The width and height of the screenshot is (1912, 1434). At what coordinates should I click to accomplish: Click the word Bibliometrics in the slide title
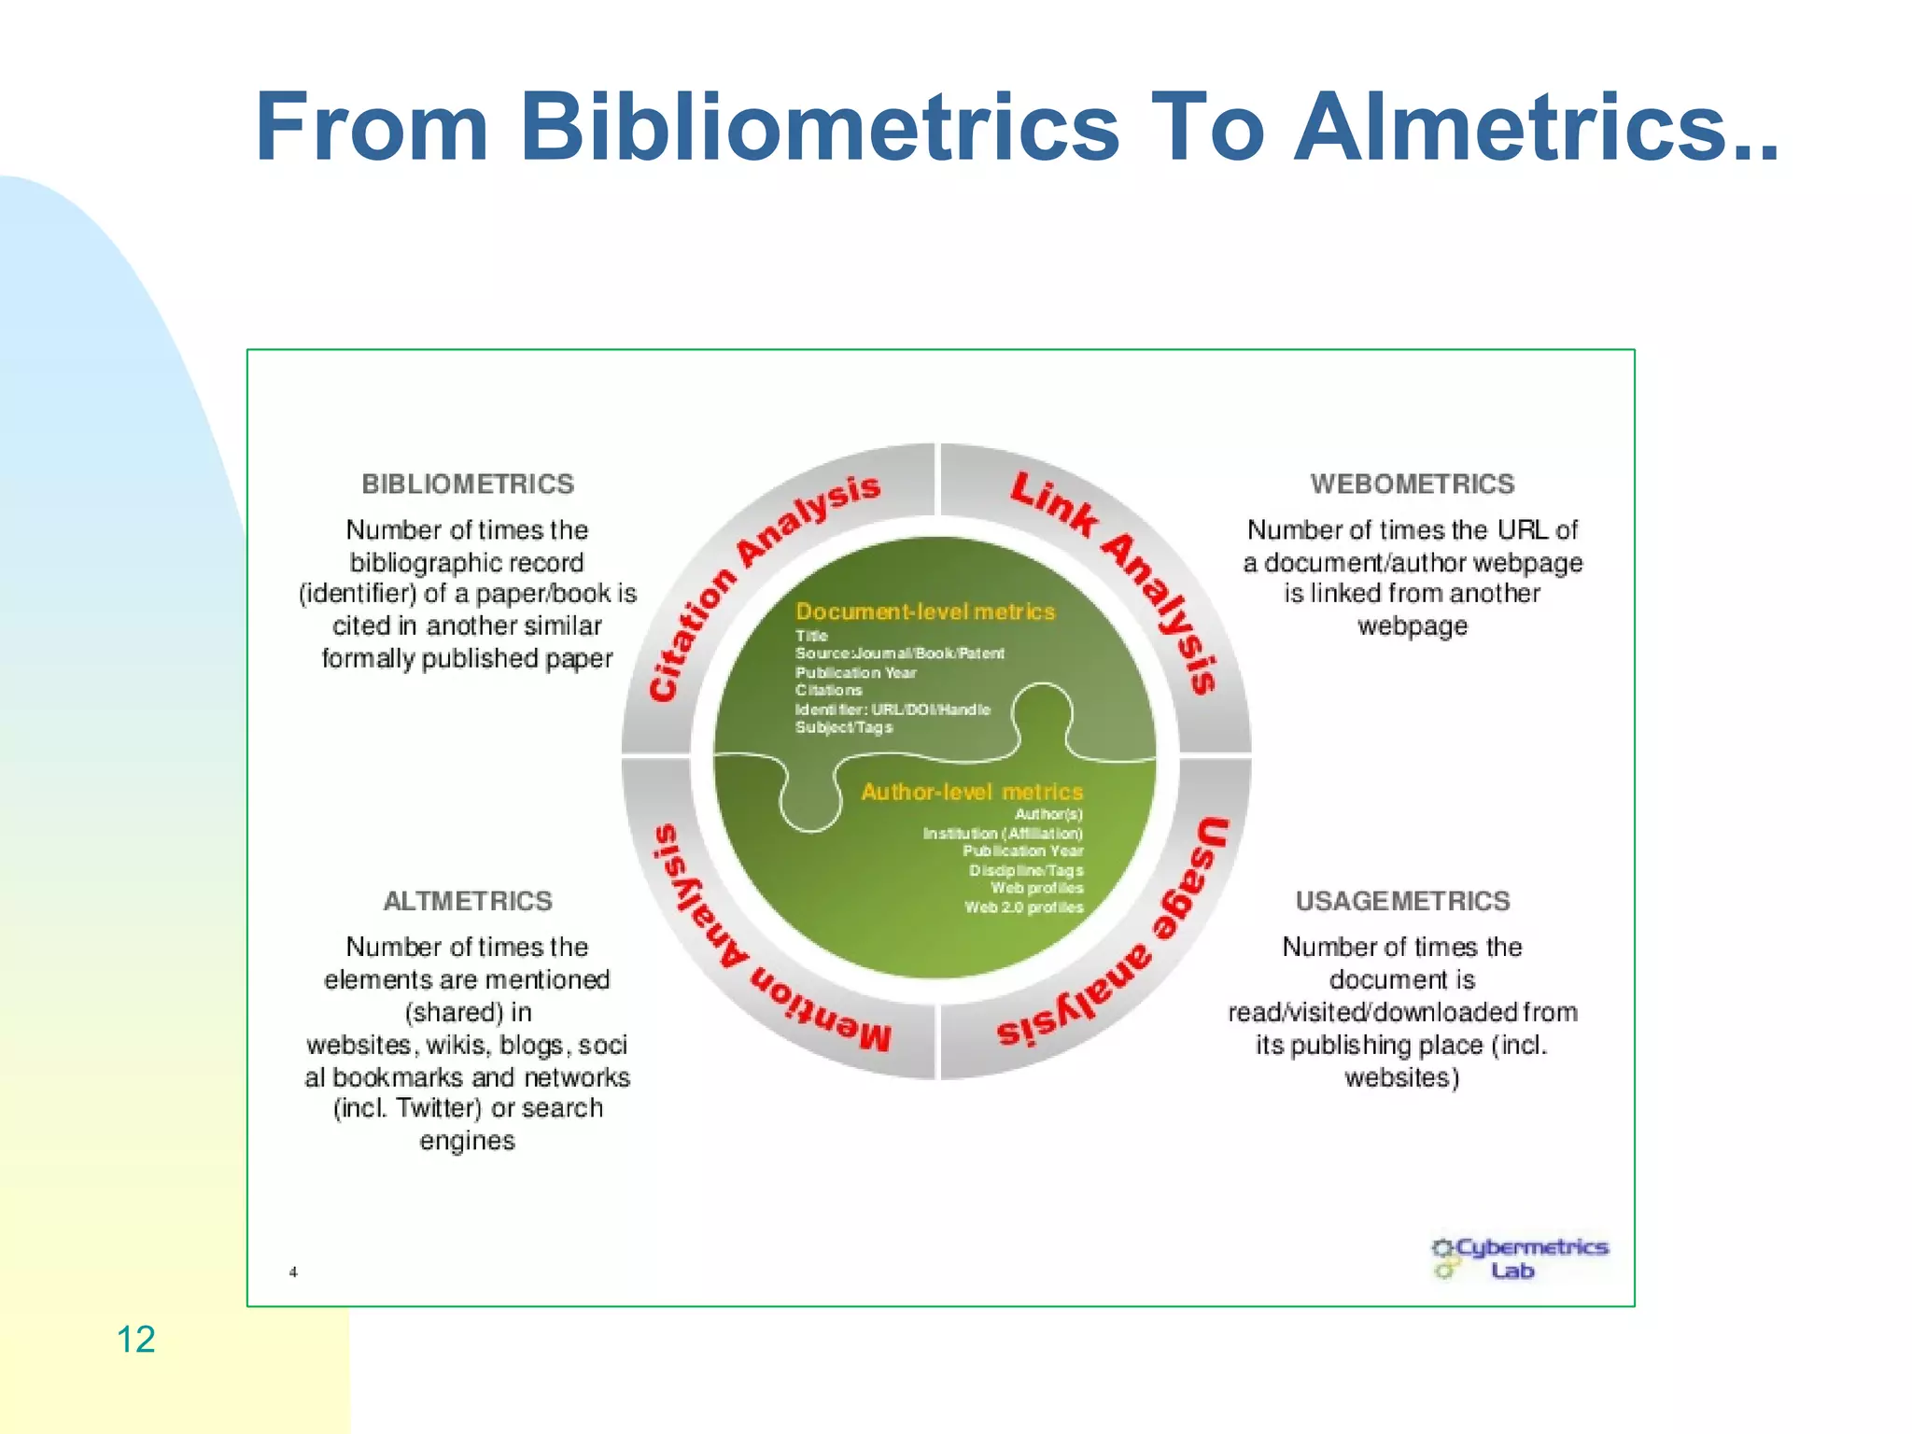pyautogui.click(x=819, y=127)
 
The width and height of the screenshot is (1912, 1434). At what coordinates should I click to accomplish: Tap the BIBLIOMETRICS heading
pyautogui.click(x=468, y=484)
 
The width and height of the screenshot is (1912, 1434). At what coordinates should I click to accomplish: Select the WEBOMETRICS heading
pyautogui.click(x=1412, y=484)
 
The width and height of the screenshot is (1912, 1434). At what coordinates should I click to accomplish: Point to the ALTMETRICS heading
pyautogui.click(x=468, y=901)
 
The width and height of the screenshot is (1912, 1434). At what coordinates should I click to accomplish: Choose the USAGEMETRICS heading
pyautogui.click(x=1402, y=901)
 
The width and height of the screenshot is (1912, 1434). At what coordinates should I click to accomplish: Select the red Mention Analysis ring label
pyautogui.click(x=747, y=952)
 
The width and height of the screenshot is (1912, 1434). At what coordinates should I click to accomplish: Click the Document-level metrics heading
pyautogui.click(x=925, y=612)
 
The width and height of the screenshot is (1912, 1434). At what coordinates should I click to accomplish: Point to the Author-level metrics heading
pyautogui.click(x=972, y=792)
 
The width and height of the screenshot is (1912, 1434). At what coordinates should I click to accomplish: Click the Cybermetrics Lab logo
pyautogui.click(x=1520, y=1258)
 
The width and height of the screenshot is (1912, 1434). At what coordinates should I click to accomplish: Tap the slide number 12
pyautogui.click(x=135, y=1339)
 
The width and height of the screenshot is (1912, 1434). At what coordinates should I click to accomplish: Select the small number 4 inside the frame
pyautogui.click(x=293, y=1272)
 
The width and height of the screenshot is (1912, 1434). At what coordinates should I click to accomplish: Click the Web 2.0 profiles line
pyautogui.click(x=1023, y=907)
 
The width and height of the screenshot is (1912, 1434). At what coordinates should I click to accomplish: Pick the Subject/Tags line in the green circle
pyautogui.click(x=844, y=727)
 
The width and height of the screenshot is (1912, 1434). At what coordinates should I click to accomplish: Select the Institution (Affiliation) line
pyautogui.click(x=1003, y=833)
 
